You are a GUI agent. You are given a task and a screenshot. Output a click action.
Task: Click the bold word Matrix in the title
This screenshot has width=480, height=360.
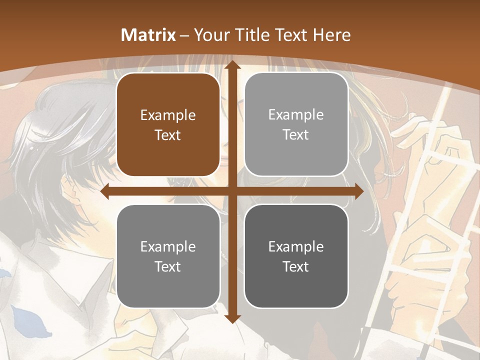(148, 35)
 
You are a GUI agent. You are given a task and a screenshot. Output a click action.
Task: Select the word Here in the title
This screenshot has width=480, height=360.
(331, 35)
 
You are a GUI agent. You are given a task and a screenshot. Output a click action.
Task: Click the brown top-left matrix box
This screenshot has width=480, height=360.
(168, 125)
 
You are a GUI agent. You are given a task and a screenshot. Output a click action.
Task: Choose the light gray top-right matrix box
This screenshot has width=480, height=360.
(296, 124)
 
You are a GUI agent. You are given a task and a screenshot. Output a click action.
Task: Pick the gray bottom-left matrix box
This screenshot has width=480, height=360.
(168, 256)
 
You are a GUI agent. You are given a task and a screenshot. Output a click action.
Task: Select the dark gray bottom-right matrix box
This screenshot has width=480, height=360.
(296, 256)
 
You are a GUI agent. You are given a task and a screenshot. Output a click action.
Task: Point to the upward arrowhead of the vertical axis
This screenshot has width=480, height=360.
(231, 66)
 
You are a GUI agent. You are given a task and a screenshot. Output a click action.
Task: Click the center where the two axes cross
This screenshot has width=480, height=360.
(231, 191)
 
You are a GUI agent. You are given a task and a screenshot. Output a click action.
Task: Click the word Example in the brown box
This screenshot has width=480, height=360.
(168, 115)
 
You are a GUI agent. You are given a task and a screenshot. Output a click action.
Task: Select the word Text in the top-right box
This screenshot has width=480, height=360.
(296, 135)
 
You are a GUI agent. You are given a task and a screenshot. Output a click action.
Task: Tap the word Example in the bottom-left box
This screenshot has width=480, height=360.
(168, 246)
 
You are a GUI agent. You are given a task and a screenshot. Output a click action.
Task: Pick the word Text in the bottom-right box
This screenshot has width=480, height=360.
(296, 266)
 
